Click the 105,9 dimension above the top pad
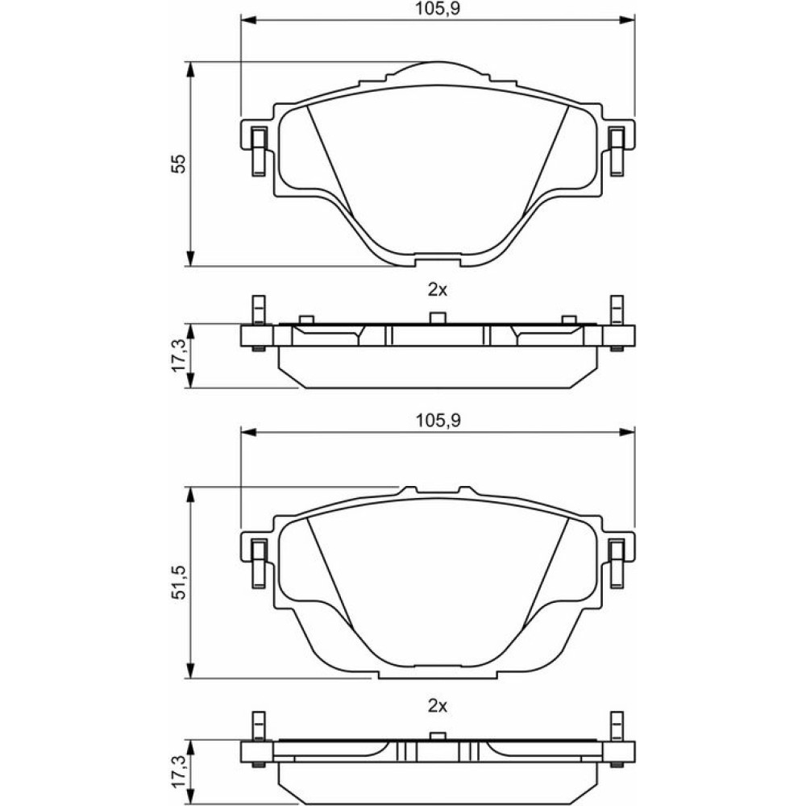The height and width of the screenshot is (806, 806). coord(438,9)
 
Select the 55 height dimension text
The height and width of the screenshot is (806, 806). coord(178,164)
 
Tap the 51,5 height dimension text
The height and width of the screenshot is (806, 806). coord(179,583)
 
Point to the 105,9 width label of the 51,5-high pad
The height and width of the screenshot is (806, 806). coord(438,421)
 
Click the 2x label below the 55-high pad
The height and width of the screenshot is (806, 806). coord(438,290)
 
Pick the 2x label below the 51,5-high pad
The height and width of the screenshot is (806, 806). coord(438,706)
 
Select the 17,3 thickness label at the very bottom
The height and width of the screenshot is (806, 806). coord(179,771)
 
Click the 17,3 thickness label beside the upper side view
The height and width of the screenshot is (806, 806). coord(179,355)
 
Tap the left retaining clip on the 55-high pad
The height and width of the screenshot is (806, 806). coord(258,152)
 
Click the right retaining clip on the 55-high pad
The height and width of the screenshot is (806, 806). coord(617,152)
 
